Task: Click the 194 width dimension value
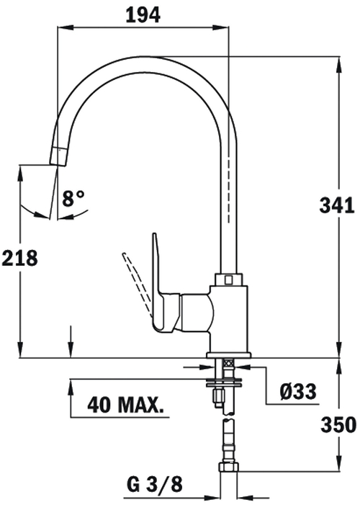[143, 14]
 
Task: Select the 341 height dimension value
[336, 206]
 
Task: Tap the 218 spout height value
[19, 257]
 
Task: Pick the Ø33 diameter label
[297, 392]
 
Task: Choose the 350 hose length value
[338, 424]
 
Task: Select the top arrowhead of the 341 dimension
[338, 61]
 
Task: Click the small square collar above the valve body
[228, 278]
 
